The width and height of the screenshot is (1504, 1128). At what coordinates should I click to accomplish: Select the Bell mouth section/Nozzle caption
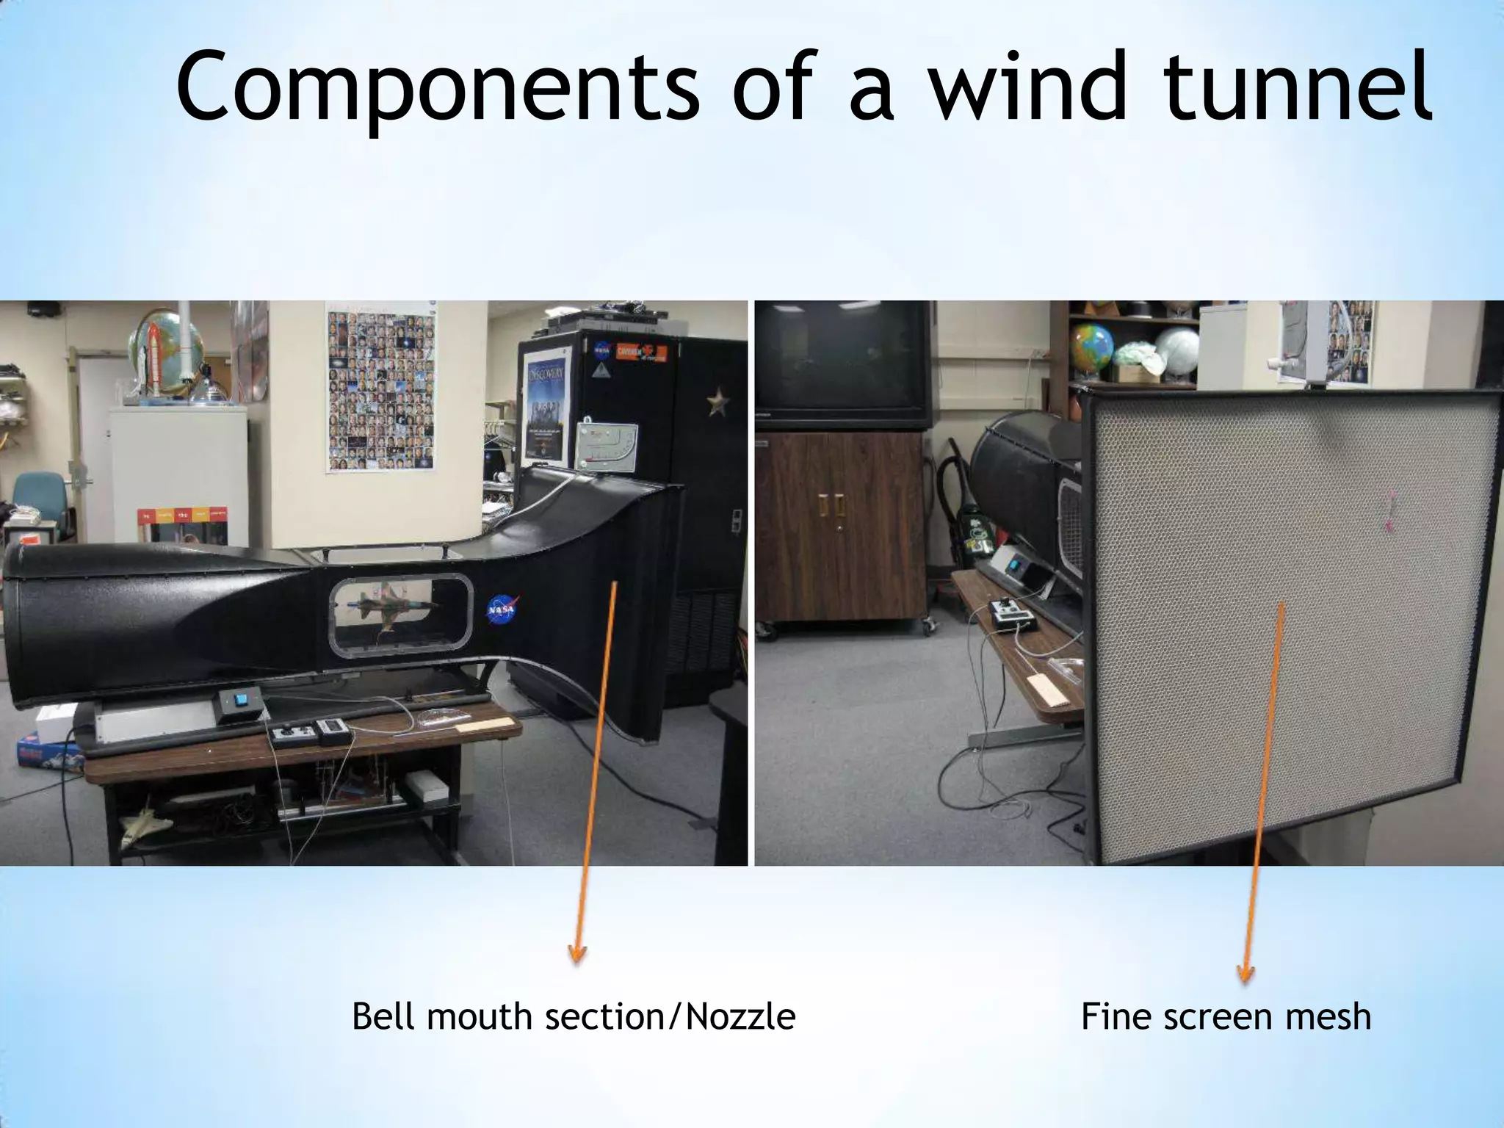point(573,1017)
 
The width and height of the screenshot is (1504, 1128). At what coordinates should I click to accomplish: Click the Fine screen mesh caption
point(1226,1017)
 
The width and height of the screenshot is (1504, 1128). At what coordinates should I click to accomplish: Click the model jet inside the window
point(397,606)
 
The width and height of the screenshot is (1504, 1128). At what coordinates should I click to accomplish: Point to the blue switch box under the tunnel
point(239,704)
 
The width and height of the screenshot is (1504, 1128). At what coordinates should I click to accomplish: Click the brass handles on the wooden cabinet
point(831,506)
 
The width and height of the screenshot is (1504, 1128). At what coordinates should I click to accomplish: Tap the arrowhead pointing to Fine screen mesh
point(1245,974)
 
